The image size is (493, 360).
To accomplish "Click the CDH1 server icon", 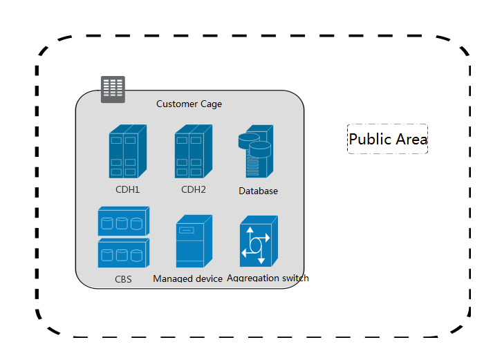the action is click(128, 151).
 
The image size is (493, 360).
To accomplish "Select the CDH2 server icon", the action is click(194, 151).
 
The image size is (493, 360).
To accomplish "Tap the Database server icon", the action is click(256, 151).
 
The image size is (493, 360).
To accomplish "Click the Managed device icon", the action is click(194, 241).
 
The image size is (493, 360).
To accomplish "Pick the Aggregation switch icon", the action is click(259, 241).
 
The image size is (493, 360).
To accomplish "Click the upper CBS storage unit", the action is click(124, 221).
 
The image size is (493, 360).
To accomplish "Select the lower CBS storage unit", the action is click(124, 253).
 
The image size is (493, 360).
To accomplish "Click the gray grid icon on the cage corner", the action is click(113, 89).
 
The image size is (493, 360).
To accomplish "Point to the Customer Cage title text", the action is click(189, 104).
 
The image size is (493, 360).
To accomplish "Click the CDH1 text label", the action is click(128, 189).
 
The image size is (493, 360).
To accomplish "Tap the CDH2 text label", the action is click(194, 189).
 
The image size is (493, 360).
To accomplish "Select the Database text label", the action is click(258, 191).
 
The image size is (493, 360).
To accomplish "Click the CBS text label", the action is click(123, 279).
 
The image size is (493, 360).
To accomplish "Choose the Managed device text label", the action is click(187, 278).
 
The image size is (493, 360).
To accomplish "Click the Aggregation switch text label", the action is click(268, 278).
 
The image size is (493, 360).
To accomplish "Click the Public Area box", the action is click(387, 139).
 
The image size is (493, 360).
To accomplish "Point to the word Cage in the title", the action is click(211, 104).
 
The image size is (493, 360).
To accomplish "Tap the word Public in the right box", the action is click(371, 139).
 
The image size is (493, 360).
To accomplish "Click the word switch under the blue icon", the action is click(295, 278).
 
